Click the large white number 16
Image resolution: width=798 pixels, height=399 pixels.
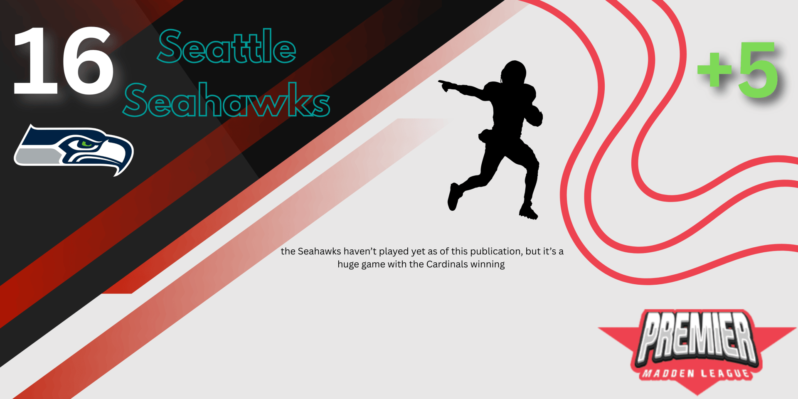point(63,61)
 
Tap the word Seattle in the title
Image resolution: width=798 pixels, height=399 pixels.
point(227,46)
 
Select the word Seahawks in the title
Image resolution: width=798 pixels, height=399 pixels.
point(227,100)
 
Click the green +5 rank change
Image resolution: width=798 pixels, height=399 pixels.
point(737,70)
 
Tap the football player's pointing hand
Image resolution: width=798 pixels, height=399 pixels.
point(443,85)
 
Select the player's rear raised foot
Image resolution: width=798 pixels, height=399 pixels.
point(453,197)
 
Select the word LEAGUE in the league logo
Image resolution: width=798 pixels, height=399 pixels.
point(726,373)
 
